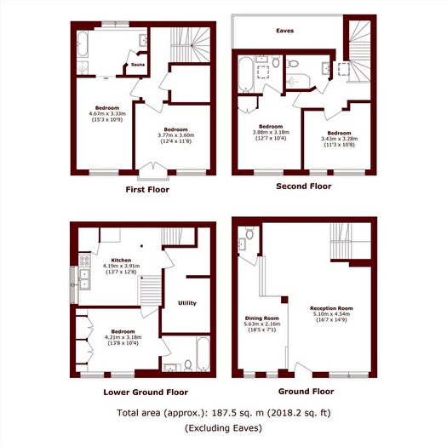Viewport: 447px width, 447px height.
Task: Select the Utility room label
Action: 187,303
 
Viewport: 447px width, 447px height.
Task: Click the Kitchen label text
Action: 119,259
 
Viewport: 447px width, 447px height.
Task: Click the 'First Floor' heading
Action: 147,189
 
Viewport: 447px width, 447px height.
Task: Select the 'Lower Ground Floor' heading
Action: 146,393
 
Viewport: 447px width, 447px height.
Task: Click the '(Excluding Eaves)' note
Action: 223,427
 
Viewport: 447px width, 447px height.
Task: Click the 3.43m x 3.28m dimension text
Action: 339,139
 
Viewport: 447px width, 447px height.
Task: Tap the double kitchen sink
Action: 85,280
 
